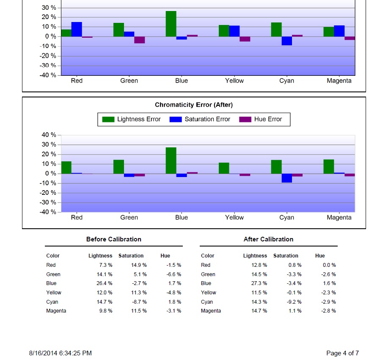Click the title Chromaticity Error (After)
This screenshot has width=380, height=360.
click(x=194, y=105)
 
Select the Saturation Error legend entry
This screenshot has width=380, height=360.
click(x=200, y=119)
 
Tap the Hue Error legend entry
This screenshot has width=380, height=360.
click(x=261, y=119)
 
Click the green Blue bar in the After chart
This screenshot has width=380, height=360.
click(x=171, y=161)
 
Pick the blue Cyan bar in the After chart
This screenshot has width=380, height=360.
click(x=287, y=178)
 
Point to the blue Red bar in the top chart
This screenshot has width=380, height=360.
click(x=77, y=29)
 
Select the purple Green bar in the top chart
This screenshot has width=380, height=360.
click(x=140, y=40)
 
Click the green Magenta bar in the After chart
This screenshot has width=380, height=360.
click(x=329, y=166)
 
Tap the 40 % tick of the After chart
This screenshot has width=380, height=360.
click(x=49, y=135)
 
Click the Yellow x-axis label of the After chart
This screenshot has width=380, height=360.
click(x=234, y=217)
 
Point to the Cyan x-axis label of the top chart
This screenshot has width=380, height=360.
click(x=287, y=80)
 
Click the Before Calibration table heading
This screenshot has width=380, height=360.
click(x=114, y=239)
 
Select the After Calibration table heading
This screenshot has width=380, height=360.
click(x=269, y=239)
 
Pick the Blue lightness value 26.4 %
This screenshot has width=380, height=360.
click(x=105, y=283)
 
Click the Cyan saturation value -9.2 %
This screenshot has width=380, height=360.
click(x=294, y=302)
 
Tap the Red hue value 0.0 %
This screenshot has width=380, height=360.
click(x=329, y=265)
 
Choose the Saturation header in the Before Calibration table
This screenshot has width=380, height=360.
click(x=131, y=256)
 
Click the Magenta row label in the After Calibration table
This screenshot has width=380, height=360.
click(x=211, y=311)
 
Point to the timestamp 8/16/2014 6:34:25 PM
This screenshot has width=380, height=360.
click(x=61, y=353)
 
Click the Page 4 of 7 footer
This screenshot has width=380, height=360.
click(x=342, y=353)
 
